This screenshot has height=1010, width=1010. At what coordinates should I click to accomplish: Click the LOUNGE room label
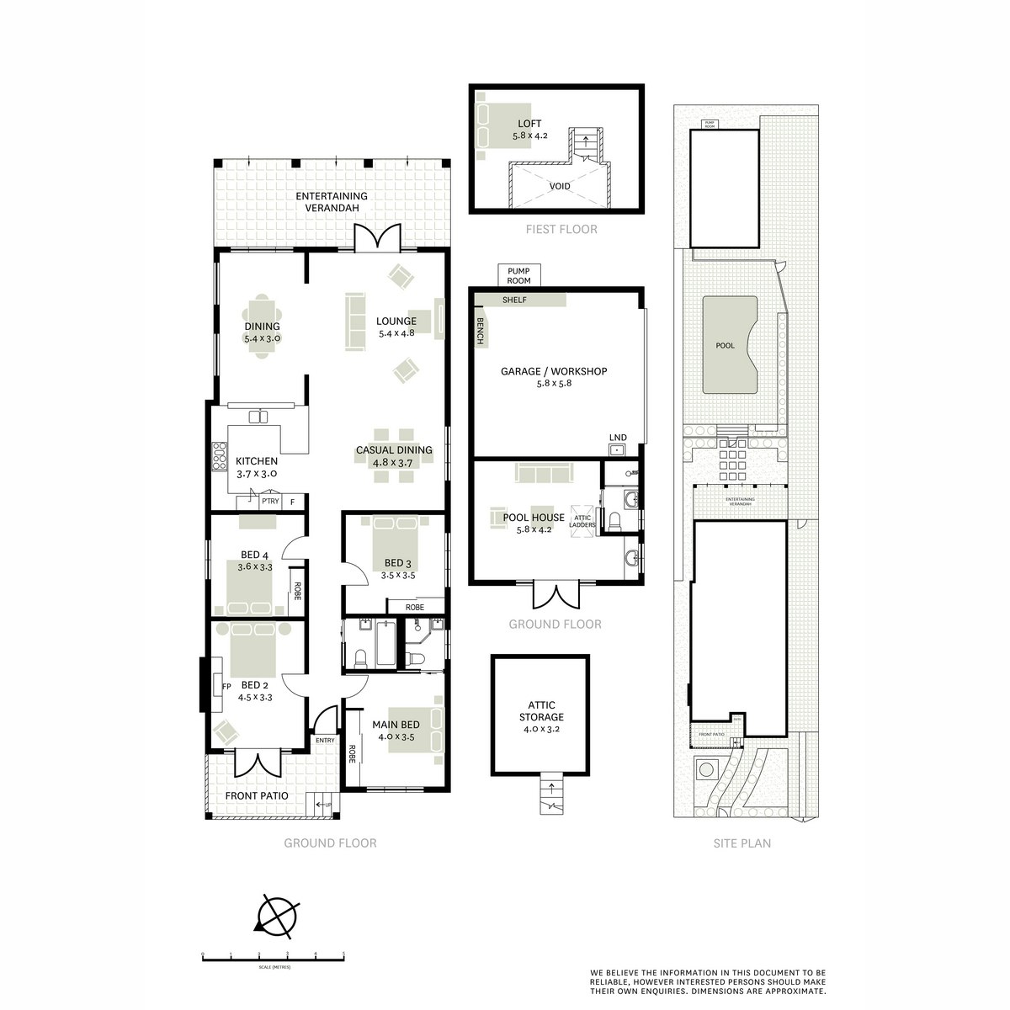pyautogui.click(x=396, y=321)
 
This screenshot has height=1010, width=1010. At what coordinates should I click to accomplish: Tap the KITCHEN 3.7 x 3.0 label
pyautogui.click(x=256, y=461)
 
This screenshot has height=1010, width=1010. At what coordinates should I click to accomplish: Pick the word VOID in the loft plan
pyautogui.click(x=560, y=186)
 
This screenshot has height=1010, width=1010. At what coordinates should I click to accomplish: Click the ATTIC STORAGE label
pyautogui.click(x=541, y=711)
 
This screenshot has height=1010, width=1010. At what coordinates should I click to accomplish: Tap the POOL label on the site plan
pyautogui.click(x=725, y=345)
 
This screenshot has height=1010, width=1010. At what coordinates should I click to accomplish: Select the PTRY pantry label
pyautogui.click(x=269, y=502)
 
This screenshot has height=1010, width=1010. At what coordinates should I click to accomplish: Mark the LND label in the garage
pyautogui.click(x=617, y=437)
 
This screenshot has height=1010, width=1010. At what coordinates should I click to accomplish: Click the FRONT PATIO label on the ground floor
pyautogui.click(x=257, y=795)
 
